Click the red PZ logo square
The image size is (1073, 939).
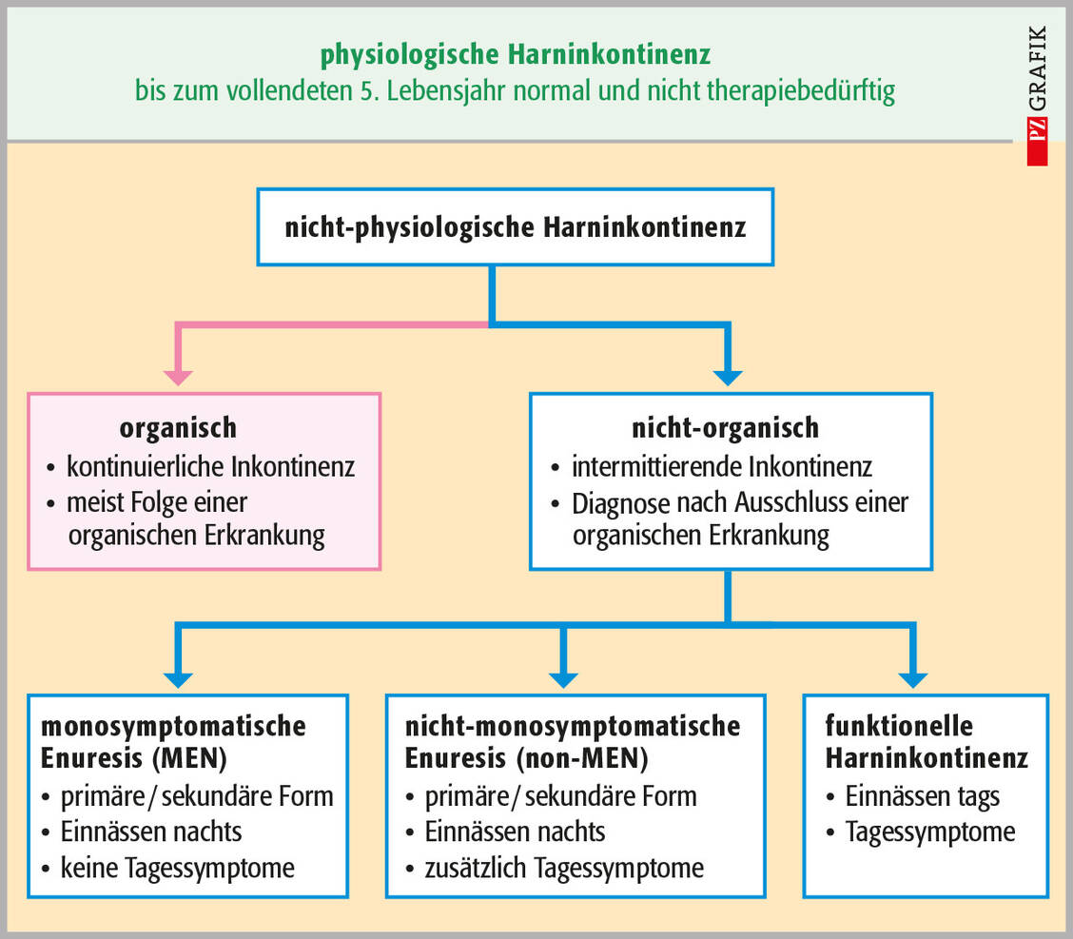[x=1037, y=142]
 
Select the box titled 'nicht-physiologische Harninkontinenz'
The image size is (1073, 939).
[x=515, y=226]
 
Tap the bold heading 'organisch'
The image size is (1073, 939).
[x=178, y=427]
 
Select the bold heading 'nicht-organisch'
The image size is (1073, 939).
[x=725, y=427]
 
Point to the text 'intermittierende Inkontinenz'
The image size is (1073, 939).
[x=721, y=467]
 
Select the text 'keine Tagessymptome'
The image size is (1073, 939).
[x=177, y=868]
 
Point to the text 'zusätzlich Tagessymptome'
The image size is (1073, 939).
[x=564, y=868]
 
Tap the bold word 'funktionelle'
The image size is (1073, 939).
[x=886, y=726]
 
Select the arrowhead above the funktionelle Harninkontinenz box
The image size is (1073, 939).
[x=912, y=678]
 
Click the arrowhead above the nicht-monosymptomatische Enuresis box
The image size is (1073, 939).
[x=563, y=678]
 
